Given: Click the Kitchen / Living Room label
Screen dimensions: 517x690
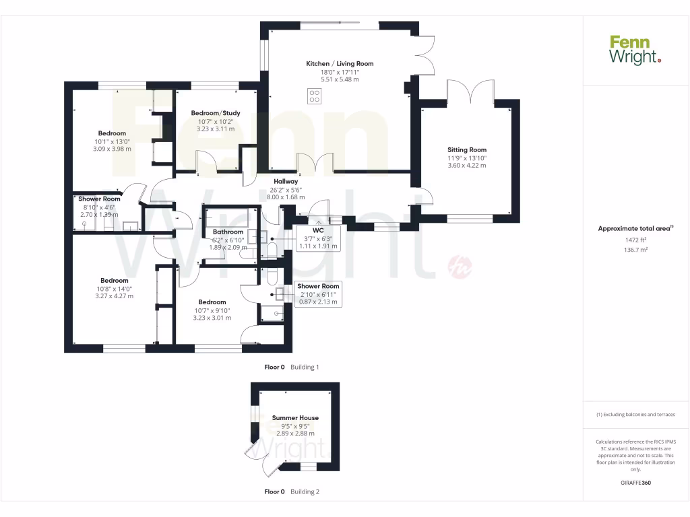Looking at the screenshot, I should point(340,64).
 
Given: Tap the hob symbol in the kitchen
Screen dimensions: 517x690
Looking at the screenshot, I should point(314,96).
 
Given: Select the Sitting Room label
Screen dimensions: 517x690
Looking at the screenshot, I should point(467,150).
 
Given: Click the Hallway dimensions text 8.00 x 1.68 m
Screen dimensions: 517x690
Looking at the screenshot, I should point(286,197).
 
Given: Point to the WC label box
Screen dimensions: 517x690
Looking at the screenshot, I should point(317,230).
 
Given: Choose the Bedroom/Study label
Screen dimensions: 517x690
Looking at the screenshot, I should point(216,113).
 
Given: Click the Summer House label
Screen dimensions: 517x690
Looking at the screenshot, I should point(295,418).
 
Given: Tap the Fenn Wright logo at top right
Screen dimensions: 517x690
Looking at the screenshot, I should point(635,50).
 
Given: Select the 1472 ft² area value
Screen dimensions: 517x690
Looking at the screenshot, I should point(635,239).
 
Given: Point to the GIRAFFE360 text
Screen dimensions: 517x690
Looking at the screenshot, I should point(635,483).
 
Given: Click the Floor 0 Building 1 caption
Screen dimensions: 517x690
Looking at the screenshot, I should point(291,368).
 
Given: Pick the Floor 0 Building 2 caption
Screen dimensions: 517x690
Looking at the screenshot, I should point(292,492).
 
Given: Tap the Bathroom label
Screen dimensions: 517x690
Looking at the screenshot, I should point(228,232).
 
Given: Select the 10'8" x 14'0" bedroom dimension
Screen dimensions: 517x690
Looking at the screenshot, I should point(115,288).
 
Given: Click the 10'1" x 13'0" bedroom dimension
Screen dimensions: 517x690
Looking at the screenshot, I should point(112,141).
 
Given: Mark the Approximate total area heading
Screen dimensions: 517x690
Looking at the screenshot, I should point(635,229).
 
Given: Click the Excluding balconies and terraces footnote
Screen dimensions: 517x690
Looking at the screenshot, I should point(635,415).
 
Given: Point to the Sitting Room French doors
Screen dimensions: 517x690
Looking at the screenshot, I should point(470,92).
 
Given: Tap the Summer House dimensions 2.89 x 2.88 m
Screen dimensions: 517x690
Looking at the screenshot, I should point(295,434).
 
